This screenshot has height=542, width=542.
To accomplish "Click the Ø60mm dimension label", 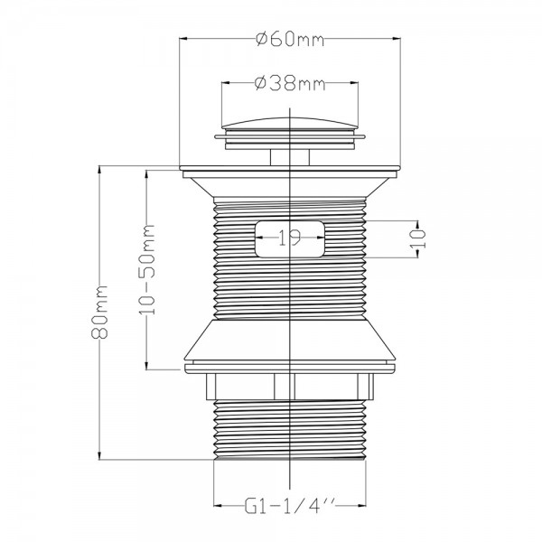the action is tap(290, 39).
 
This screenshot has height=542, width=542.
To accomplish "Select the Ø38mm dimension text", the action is tap(290, 83).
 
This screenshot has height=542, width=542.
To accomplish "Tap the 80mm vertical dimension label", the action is tap(99, 312).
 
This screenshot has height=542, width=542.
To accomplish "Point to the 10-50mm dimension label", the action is tap(147, 269).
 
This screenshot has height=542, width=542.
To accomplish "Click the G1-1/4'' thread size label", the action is tap(290, 506).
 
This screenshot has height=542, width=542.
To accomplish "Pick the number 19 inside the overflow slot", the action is tap(290, 238).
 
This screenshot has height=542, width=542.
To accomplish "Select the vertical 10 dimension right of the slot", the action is tap(418, 238).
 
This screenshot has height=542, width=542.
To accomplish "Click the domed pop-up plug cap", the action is tap(290, 124).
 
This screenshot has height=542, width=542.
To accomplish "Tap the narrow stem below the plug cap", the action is tap(290, 157).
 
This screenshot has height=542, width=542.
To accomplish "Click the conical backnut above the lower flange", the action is tap(290, 341).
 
